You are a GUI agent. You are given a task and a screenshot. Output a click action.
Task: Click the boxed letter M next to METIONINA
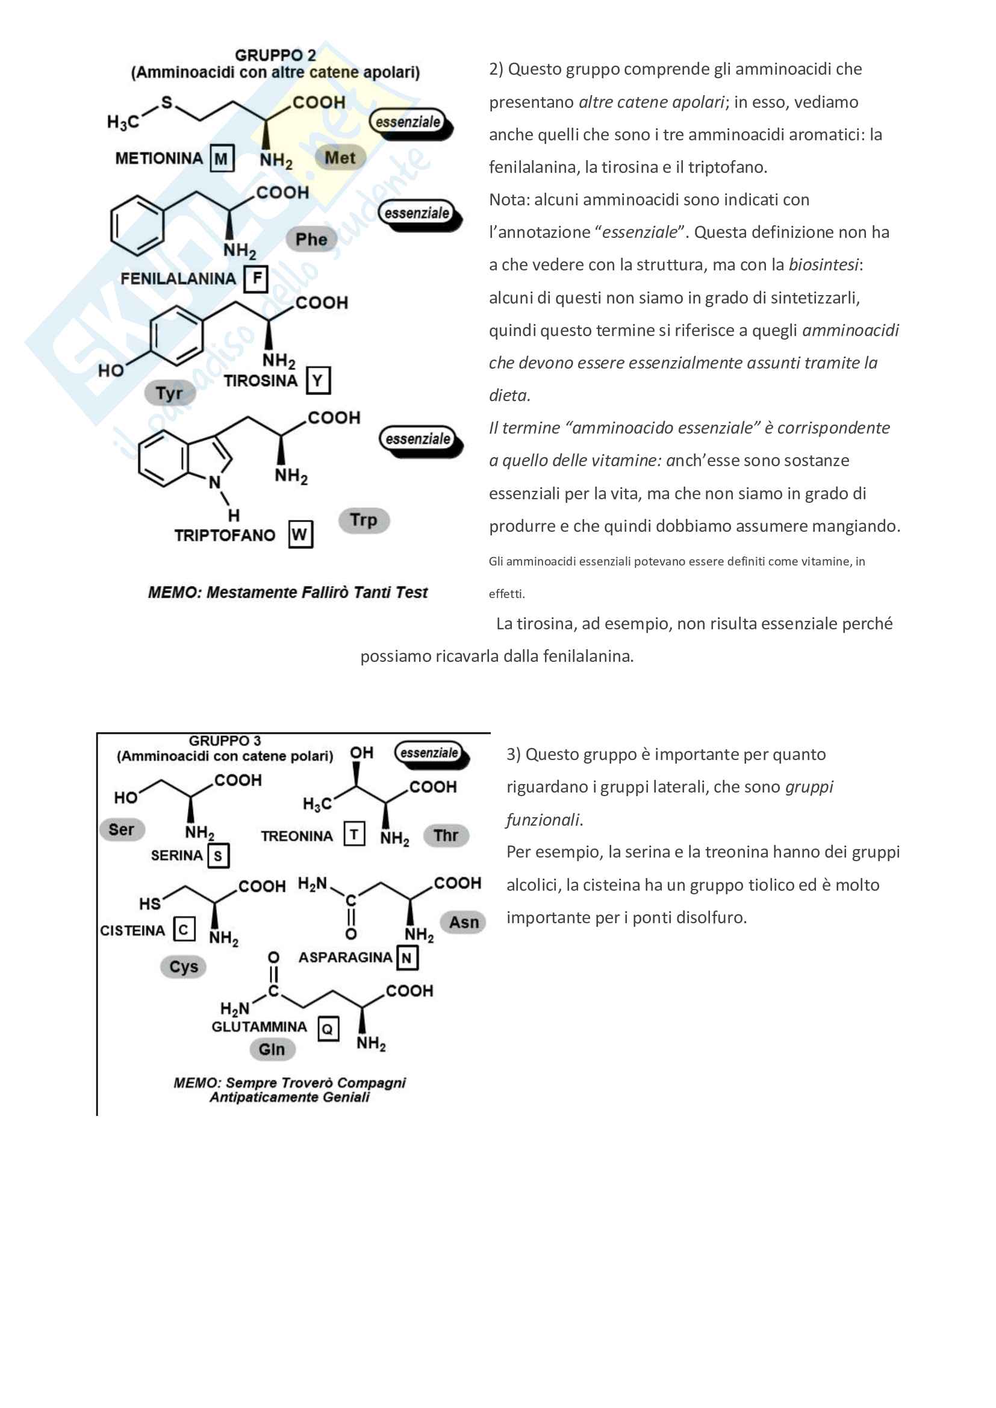tap(222, 159)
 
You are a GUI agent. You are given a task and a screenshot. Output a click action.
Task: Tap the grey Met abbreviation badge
tap(340, 158)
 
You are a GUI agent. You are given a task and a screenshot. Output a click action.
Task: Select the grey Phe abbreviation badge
tap(311, 239)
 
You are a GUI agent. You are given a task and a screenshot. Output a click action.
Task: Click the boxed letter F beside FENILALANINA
tap(257, 279)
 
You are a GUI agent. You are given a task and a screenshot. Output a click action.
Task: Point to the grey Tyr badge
tap(169, 393)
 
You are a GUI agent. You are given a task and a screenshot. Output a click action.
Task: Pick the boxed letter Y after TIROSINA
tap(317, 381)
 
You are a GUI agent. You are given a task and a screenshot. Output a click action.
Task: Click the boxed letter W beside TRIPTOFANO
tap(300, 535)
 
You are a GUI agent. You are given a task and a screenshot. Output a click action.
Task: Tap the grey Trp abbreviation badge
tap(364, 520)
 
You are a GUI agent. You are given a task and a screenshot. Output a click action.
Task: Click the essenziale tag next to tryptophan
tap(419, 439)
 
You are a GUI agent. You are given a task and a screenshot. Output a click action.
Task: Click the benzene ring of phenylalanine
tap(137, 225)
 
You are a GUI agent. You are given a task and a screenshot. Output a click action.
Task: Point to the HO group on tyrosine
tap(111, 370)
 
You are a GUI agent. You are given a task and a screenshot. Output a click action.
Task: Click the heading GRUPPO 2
tap(275, 55)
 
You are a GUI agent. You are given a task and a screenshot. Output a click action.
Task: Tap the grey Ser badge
tap(122, 830)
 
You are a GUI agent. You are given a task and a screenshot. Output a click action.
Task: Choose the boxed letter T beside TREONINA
tap(354, 835)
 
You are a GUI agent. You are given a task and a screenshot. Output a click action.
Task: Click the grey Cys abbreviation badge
tap(184, 967)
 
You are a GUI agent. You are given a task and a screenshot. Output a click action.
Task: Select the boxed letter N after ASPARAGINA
tap(406, 958)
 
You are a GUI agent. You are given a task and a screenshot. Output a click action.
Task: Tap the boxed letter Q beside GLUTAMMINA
tap(328, 1029)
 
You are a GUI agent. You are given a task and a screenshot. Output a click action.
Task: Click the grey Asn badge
tap(464, 923)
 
